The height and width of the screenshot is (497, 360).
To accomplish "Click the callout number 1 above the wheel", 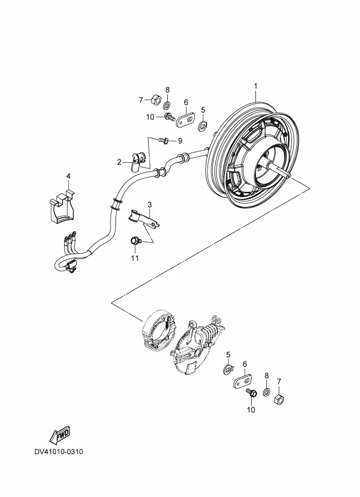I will [x=255, y=86].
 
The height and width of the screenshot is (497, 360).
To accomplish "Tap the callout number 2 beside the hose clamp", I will [x=119, y=162].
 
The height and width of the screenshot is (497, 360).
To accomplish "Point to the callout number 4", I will [x=69, y=176].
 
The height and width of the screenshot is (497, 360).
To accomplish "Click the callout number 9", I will [x=180, y=142].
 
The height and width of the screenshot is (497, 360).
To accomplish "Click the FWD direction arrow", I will [x=59, y=434].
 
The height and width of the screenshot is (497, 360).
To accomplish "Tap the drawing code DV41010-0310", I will [x=59, y=452].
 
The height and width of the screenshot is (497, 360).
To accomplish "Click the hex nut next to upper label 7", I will [x=154, y=100].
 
